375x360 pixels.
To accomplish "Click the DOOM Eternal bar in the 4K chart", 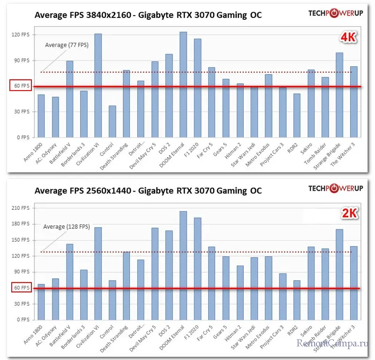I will [183, 85].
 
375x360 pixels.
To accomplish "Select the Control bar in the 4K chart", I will [112, 122].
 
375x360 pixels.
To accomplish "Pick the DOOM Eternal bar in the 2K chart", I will [183, 266].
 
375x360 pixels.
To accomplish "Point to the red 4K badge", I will [349, 38].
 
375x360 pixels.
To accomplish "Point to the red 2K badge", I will [349, 214].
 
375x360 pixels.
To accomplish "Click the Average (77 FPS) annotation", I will [67, 45].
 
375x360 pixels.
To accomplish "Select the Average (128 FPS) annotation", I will [67, 227].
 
